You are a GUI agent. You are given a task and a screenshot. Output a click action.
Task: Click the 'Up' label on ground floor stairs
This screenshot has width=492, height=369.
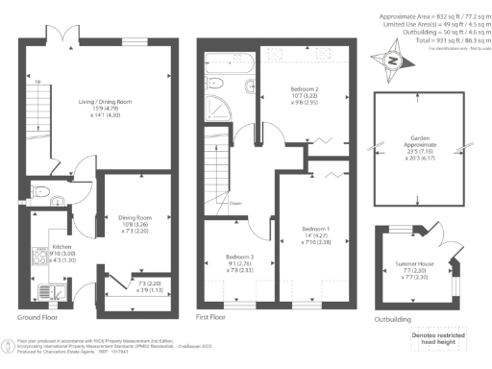pos(37,82)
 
